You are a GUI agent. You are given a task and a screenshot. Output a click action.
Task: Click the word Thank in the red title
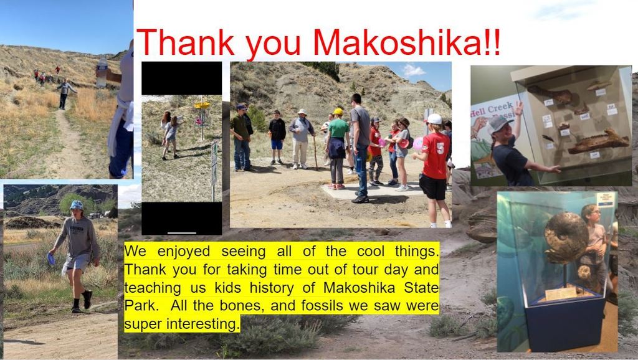pyautogui.click(x=186, y=42)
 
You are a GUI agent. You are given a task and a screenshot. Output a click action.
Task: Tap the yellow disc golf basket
pyautogui.click(x=202, y=105)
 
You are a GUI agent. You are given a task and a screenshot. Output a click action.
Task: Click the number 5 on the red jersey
pyautogui.click(x=440, y=149)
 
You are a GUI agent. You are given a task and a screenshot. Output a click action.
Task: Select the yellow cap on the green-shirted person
pyautogui.click(x=338, y=111)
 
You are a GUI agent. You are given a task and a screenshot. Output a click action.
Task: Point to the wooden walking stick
pyautogui.click(x=315, y=153)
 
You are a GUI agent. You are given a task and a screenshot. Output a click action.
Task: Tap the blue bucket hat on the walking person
pyautogui.click(x=77, y=206)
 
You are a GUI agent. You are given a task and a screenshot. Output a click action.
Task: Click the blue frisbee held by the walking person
pyautogui.click(x=51, y=258)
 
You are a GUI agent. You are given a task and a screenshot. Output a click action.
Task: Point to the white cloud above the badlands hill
pyautogui.click(x=414, y=71)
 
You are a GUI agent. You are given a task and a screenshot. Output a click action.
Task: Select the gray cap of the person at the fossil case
pyautogui.click(x=498, y=124)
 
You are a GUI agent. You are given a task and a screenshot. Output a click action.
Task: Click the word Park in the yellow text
pyautogui.click(x=140, y=305)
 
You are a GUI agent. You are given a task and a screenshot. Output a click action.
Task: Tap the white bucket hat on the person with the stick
pyautogui.click(x=302, y=111)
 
